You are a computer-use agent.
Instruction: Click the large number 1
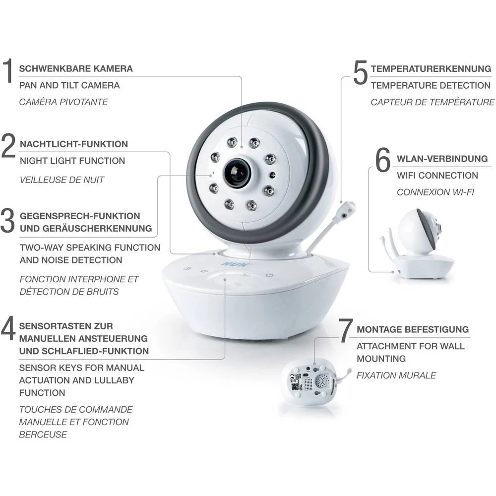click(7, 70)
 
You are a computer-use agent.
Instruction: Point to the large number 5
click(360, 73)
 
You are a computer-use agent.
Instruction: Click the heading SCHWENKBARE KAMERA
click(76, 68)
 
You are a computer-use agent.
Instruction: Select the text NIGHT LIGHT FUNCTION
click(72, 161)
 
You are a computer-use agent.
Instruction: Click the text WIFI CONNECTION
click(437, 175)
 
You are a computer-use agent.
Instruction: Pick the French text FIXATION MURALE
click(396, 375)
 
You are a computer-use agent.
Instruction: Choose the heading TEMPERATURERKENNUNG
click(431, 68)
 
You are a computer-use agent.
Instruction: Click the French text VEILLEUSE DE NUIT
click(62, 180)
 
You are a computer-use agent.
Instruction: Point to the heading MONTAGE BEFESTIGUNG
click(413, 329)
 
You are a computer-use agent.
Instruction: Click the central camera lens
click(237, 173)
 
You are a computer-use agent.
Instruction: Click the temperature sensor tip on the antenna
click(349, 208)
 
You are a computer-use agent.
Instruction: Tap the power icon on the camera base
click(269, 275)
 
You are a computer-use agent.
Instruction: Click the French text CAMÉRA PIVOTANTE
click(63, 102)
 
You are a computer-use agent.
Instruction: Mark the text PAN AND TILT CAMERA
click(69, 85)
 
